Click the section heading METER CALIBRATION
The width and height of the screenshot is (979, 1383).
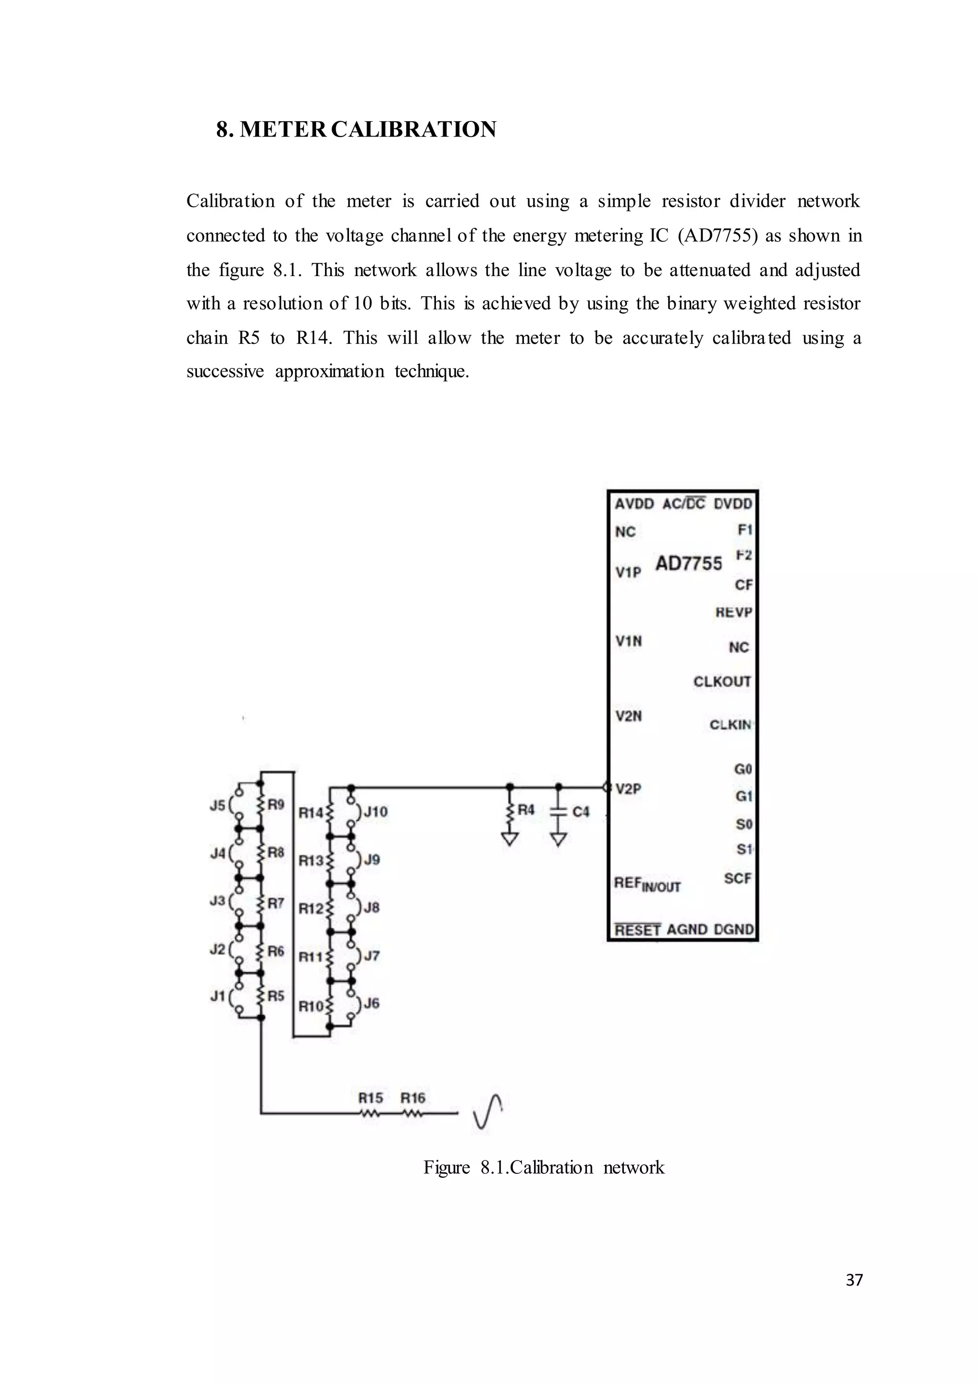[356, 129]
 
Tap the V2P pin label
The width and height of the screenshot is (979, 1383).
[628, 788]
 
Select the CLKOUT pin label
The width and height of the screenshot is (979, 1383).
[722, 681]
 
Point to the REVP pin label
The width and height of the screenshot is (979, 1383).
[734, 613]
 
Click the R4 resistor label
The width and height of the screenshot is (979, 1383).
[526, 809]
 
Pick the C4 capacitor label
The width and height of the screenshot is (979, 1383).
[580, 811]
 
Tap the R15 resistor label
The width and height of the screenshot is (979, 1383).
[371, 1098]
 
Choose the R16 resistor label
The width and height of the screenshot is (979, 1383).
[413, 1098]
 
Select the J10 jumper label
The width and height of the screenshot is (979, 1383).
[376, 812]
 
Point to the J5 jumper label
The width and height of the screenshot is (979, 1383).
[217, 805]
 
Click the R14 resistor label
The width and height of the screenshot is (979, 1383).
[311, 813]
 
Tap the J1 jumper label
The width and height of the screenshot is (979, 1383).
[217, 997]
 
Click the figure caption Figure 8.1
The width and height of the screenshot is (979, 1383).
[543, 1167]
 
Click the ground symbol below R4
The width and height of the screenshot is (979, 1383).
[510, 839]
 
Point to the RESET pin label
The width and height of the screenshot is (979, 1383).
[637, 929]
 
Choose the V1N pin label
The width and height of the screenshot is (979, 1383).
[628, 641]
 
